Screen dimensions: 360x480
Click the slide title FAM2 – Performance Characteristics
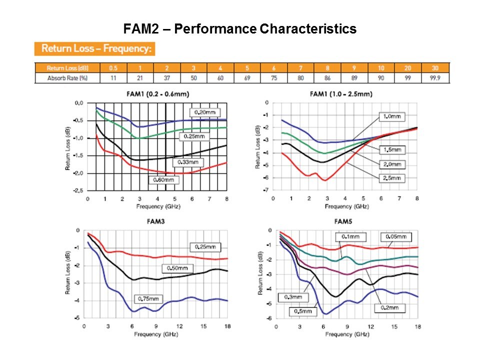coord(240,29)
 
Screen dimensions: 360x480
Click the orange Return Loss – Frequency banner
coord(95,49)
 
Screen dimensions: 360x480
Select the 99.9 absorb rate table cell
coord(435,78)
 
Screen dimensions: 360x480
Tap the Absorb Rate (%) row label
coord(67,78)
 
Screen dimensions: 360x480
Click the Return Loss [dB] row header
coord(67,68)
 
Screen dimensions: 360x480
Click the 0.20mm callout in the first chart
coord(204,112)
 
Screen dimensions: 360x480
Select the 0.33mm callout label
coord(188,162)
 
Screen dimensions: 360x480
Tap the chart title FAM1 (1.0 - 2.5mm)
coord(341,94)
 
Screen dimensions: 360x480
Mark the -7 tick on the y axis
coord(267,190)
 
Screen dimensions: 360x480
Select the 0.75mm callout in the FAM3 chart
coord(148,299)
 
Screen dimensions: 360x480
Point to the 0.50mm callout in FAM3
coord(177,268)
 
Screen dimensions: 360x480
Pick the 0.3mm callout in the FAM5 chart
coord(294,297)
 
